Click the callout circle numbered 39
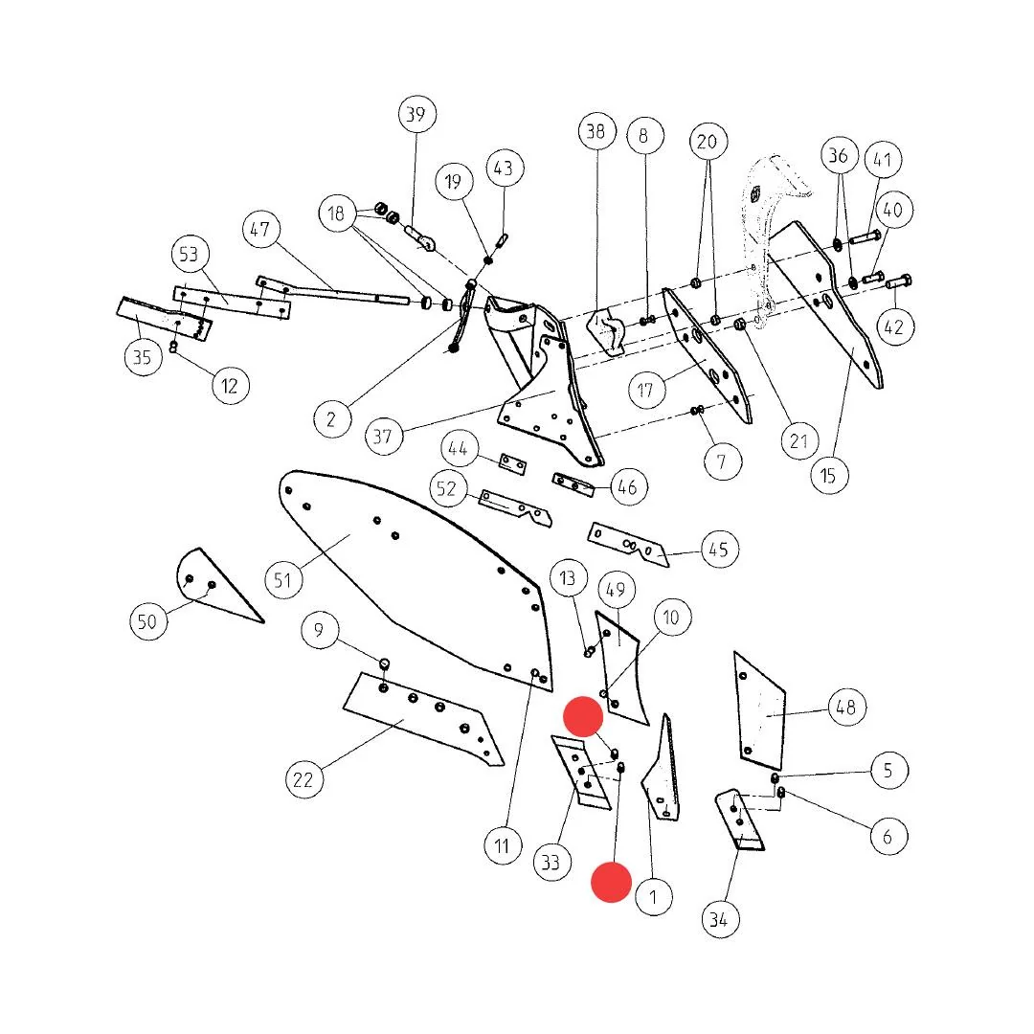(x=416, y=114)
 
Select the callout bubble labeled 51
(x=282, y=580)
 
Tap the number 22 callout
(x=303, y=779)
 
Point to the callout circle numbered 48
(x=846, y=707)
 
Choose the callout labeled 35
(x=143, y=357)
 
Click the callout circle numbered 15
(x=828, y=476)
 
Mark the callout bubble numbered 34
(x=719, y=919)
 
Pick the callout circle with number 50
(x=147, y=621)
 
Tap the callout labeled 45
(x=719, y=550)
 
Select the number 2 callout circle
(x=331, y=418)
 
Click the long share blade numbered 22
(x=422, y=719)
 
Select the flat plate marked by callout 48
(x=759, y=710)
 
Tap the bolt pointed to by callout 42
(x=898, y=282)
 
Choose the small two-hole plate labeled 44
(x=512, y=463)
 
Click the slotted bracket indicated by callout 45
(x=628, y=544)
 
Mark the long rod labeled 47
(x=333, y=290)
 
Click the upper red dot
(x=583, y=716)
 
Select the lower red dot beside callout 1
(x=611, y=882)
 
